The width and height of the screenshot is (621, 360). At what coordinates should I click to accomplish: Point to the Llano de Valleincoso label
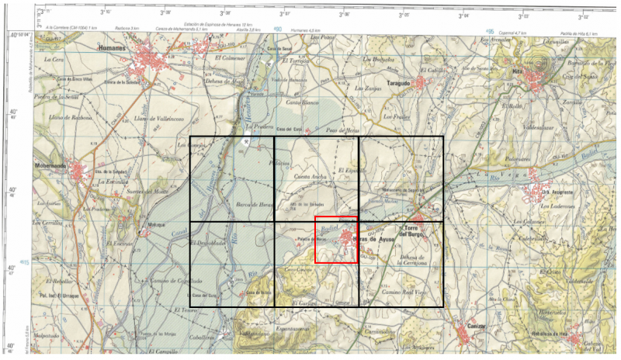(158, 118)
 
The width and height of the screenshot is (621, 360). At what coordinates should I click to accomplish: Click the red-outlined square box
(335, 241)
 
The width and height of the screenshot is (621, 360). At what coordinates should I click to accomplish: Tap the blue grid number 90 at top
(277, 30)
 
